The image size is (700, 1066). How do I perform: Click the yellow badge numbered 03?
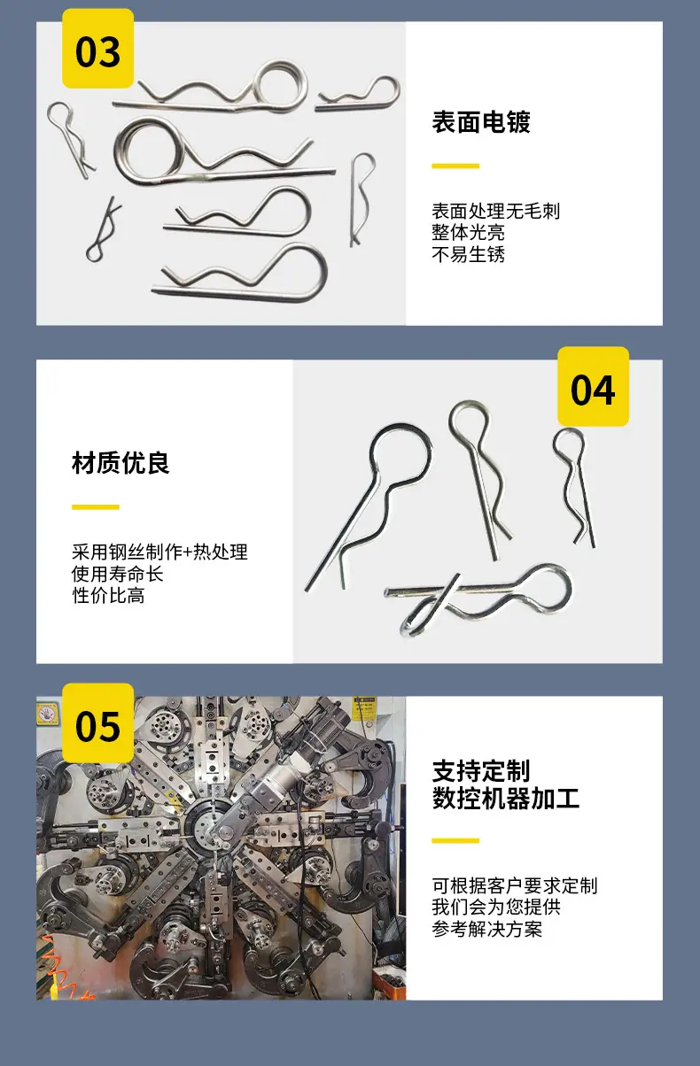pyautogui.click(x=97, y=49)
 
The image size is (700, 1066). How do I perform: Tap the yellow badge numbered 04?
pyautogui.click(x=593, y=386)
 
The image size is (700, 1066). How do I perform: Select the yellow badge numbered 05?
pyautogui.click(x=97, y=722)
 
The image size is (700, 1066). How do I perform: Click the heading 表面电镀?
pyautogui.click(x=481, y=122)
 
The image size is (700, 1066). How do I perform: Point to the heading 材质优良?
pyautogui.click(x=121, y=463)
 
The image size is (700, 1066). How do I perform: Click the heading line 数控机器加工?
pyautogui.click(x=506, y=799)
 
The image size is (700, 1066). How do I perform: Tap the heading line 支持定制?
pyautogui.click(x=481, y=771)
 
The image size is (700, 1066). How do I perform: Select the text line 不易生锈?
pyautogui.click(x=468, y=255)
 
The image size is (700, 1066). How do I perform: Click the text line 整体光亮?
pyautogui.click(x=468, y=233)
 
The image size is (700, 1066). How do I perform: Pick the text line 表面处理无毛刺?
pyautogui.click(x=495, y=211)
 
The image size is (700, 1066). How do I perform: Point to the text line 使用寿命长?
pyautogui.click(x=117, y=574)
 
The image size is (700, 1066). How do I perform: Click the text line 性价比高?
pyautogui.click(x=108, y=596)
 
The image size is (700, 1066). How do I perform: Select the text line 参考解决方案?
pyautogui.click(x=486, y=930)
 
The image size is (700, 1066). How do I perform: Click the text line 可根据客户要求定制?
pyautogui.click(x=514, y=885)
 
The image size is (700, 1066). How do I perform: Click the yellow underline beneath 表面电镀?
pyautogui.click(x=455, y=166)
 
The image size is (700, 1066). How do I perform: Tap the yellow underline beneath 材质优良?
pyautogui.click(x=95, y=507)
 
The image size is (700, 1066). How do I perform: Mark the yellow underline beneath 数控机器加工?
pyautogui.click(x=455, y=841)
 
